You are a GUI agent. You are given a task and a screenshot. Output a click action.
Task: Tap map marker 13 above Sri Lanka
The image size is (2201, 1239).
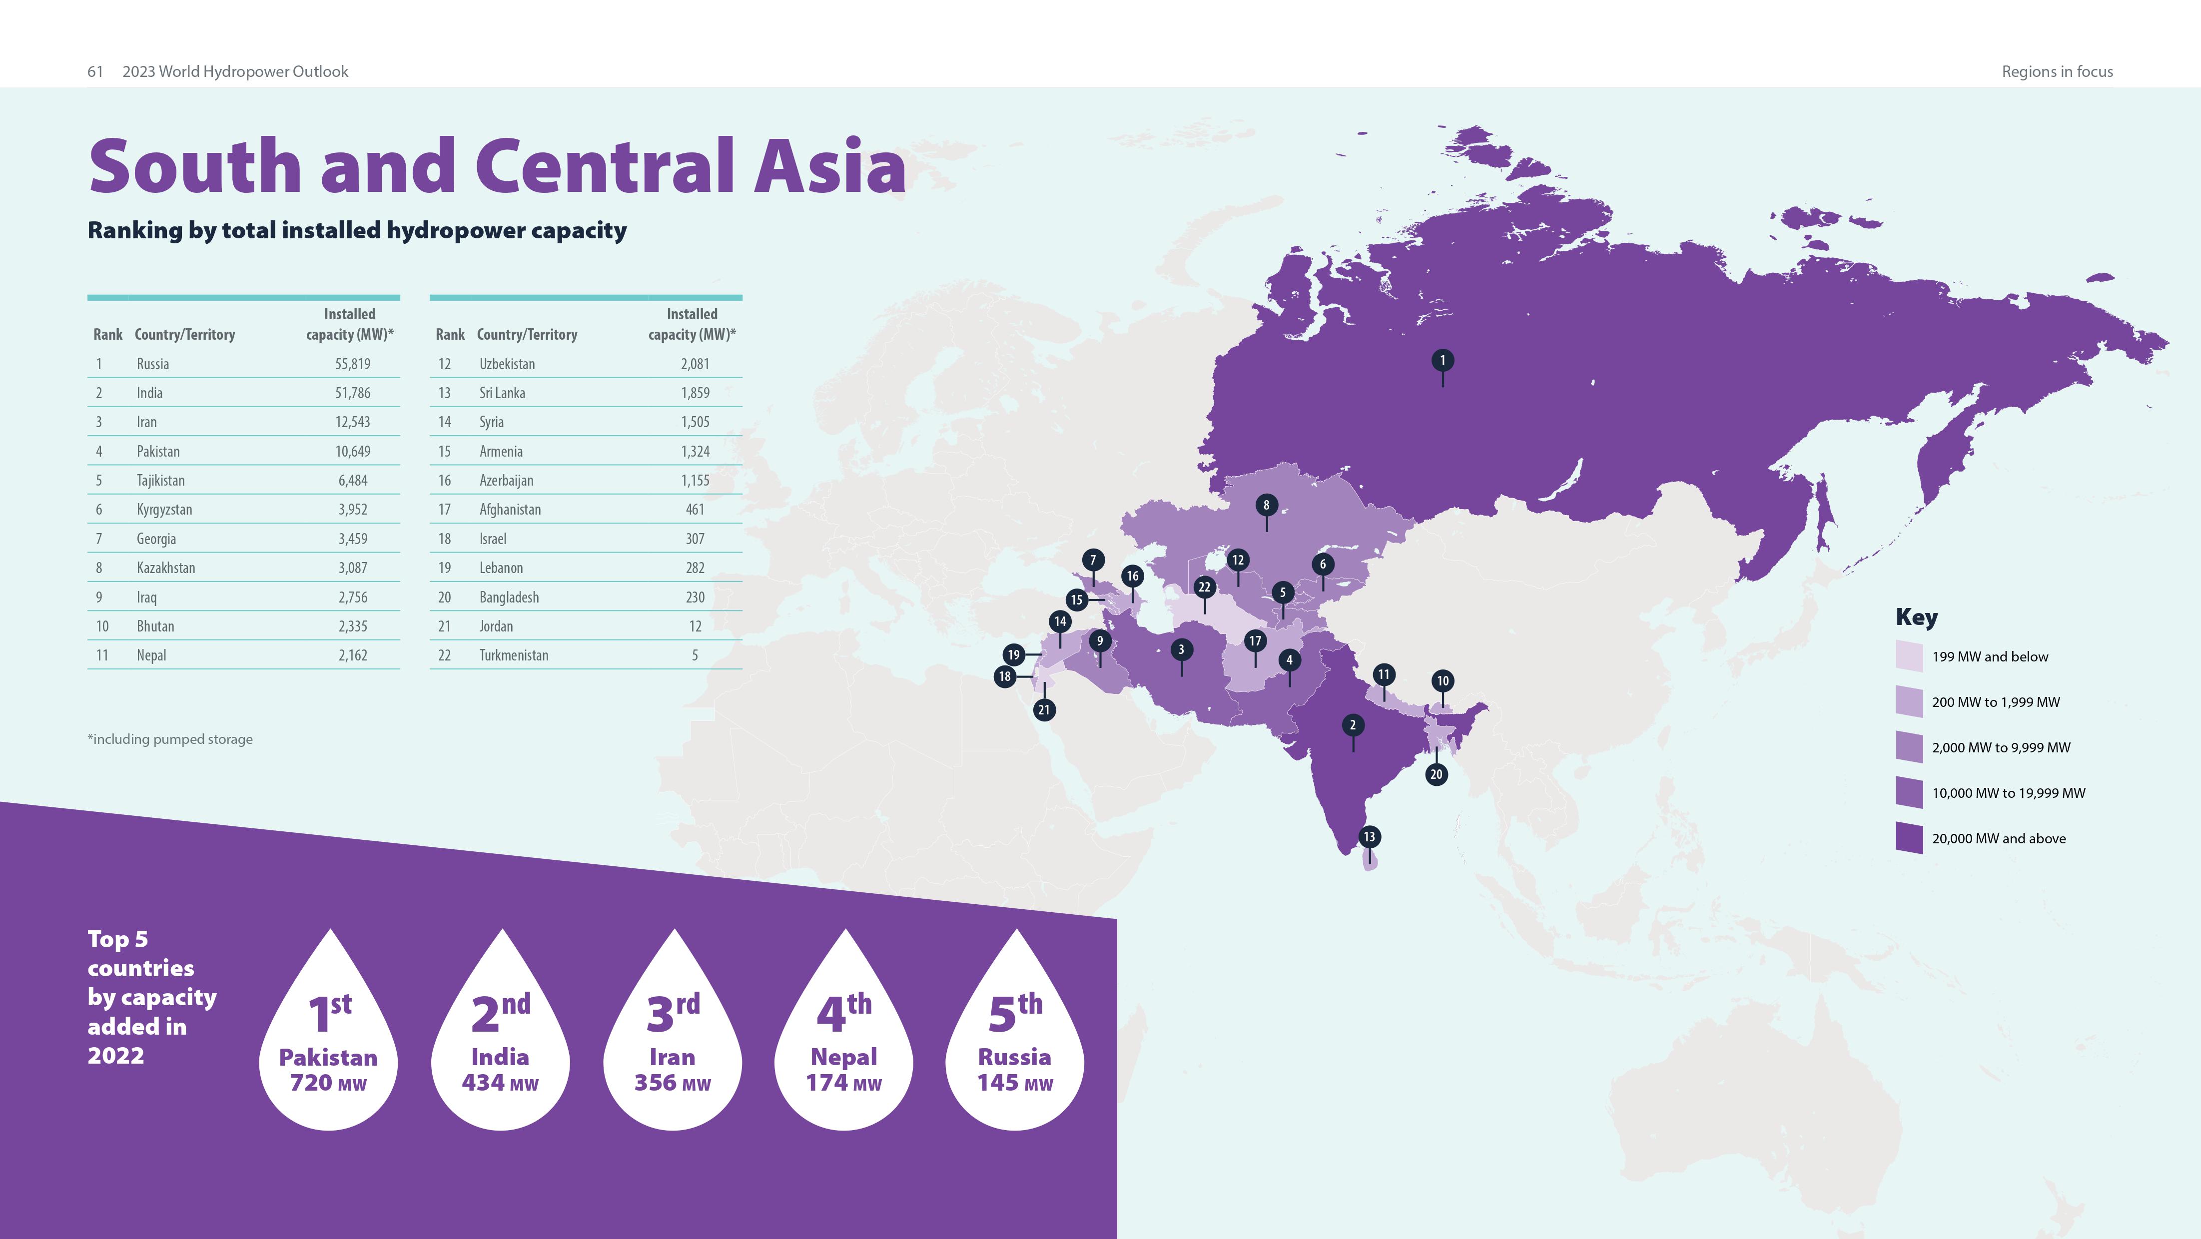click(x=1369, y=836)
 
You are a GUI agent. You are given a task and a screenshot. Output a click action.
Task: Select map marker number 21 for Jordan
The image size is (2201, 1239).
click(x=1043, y=709)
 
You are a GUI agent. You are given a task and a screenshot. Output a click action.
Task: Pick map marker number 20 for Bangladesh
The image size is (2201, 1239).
click(x=1437, y=774)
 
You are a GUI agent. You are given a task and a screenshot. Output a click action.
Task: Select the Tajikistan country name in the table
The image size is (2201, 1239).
click(x=160, y=480)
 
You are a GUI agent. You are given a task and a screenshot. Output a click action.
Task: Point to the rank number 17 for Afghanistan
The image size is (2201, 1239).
click(x=444, y=509)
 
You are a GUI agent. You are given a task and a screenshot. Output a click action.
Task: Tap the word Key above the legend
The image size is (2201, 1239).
click(x=1917, y=617)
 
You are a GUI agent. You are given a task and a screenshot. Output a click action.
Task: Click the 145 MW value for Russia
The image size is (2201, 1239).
click(x=1014, y=1083)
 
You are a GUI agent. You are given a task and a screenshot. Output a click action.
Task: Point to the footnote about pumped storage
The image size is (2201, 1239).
click(x=170, y=739)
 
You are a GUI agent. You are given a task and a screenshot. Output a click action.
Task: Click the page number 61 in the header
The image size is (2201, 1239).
click(x=95, y=72)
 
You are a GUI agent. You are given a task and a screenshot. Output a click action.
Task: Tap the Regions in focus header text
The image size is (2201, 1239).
click(x=2057, y=72)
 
